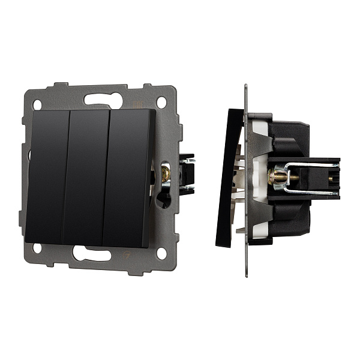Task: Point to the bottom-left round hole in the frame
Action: [37, 247]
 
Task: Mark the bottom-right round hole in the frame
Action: [161, 253]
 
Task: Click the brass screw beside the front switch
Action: [165, 174]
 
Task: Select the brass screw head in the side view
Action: [278, 177]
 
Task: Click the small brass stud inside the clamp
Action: [329, 178]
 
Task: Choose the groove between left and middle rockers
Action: [65, 178]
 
